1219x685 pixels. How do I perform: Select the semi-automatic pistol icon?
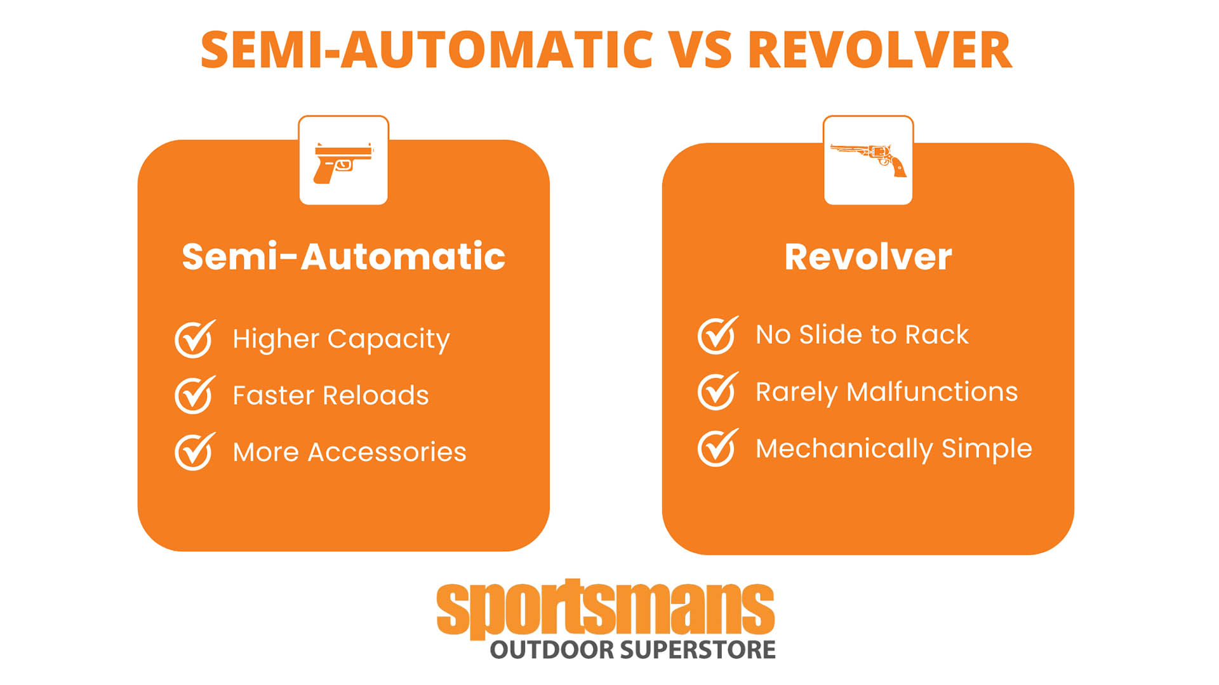pyautogui.click(x=343, y=163)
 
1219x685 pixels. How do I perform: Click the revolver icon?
pyautogui.click(x=869, y=159)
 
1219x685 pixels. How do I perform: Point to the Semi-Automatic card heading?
pyautogui.click(x=343, y=256)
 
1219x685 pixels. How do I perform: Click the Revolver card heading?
pyautogui.click(x=868, y=256)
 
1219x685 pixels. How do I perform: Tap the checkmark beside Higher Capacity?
pyautogui.click(x=195, y=339)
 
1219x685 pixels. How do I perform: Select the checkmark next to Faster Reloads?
pyautogui.click(x=195, y=395)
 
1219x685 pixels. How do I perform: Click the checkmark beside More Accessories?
pyautogui.click(x=195, y=452)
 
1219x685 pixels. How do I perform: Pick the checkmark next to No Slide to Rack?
pyautogui.click(x=718, y=335)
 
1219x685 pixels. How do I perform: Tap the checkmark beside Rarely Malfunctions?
pyautogui.click(x=718, y=391)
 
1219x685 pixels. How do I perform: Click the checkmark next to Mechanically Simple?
pyautogui.click(x=718, y=448)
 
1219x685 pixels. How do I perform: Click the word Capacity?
pyautogui.click(x=389, y=340)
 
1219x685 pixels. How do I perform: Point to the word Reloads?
pyautogui.click(x=376, y=395)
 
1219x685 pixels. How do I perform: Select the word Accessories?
pyautogui.click(x=387, y=452)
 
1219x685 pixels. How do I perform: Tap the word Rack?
pyautogui.click(x=936, y=334)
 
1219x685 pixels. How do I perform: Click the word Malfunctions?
pyautogui.click(x=932, y=391)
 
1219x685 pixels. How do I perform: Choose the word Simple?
pyautogui.click(x=987, y=449)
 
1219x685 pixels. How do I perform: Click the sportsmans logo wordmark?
pyautogui.click(x=606, y=608)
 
